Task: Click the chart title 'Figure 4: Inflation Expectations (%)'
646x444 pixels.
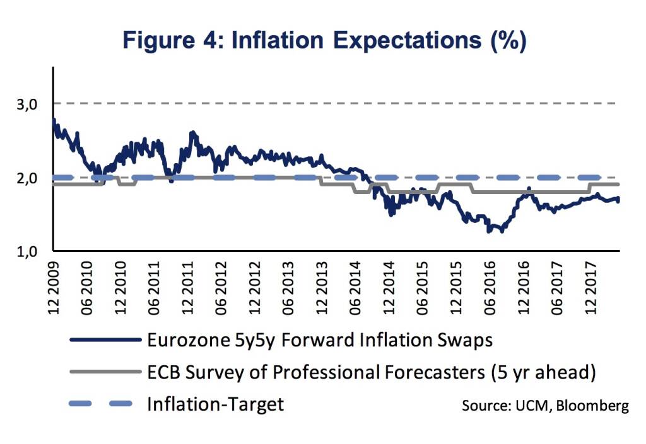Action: point(323,40)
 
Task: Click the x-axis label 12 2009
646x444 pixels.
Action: point(54,287)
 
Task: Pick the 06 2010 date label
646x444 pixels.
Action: point(88,287)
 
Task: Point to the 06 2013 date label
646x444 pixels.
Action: point(288,287)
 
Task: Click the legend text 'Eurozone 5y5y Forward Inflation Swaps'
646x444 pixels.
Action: point(319,341)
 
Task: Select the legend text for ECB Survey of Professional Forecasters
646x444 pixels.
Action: point(371,373)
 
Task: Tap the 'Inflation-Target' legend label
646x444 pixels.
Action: point(215,404)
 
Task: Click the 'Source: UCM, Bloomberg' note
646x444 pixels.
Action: point(545,406)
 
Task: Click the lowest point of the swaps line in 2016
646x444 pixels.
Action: point(488,232)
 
